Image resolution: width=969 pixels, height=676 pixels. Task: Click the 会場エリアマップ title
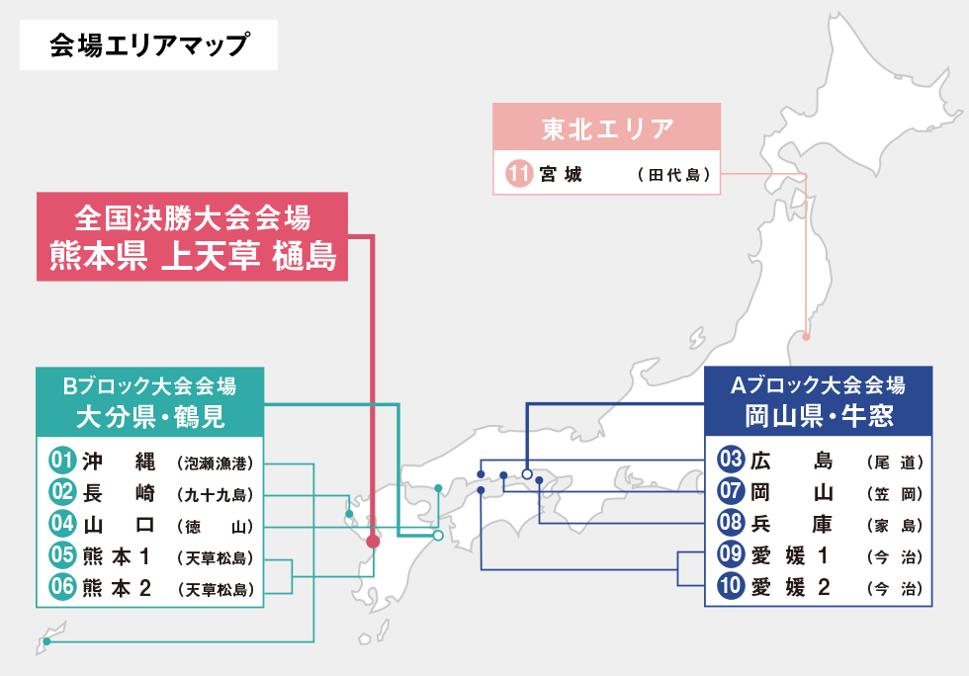coord(148,45)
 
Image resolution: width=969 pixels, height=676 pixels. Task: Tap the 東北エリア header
coord(607,128)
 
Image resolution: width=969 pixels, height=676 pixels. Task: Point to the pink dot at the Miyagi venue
coord(806,338)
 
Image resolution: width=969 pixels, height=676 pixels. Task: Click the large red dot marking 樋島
coord(373,542)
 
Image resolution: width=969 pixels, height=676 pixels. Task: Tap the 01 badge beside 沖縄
coord(62,462)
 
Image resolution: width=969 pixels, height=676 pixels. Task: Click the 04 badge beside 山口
coord(62,525)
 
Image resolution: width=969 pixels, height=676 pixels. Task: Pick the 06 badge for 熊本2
coord(62,588)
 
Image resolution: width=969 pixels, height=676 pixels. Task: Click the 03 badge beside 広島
coord(731,461)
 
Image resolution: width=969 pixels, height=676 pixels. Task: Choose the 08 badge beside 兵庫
coord(731,524)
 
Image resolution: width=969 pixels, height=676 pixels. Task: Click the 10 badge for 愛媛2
coord(731,587)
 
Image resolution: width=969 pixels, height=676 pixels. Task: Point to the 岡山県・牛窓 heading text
coord(820,416)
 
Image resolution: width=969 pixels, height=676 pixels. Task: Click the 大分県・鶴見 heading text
coord(150,417)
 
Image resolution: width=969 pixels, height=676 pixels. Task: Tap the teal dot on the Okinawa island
coord(46,642)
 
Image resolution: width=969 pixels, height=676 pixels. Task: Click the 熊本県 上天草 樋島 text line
coord(193,256)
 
